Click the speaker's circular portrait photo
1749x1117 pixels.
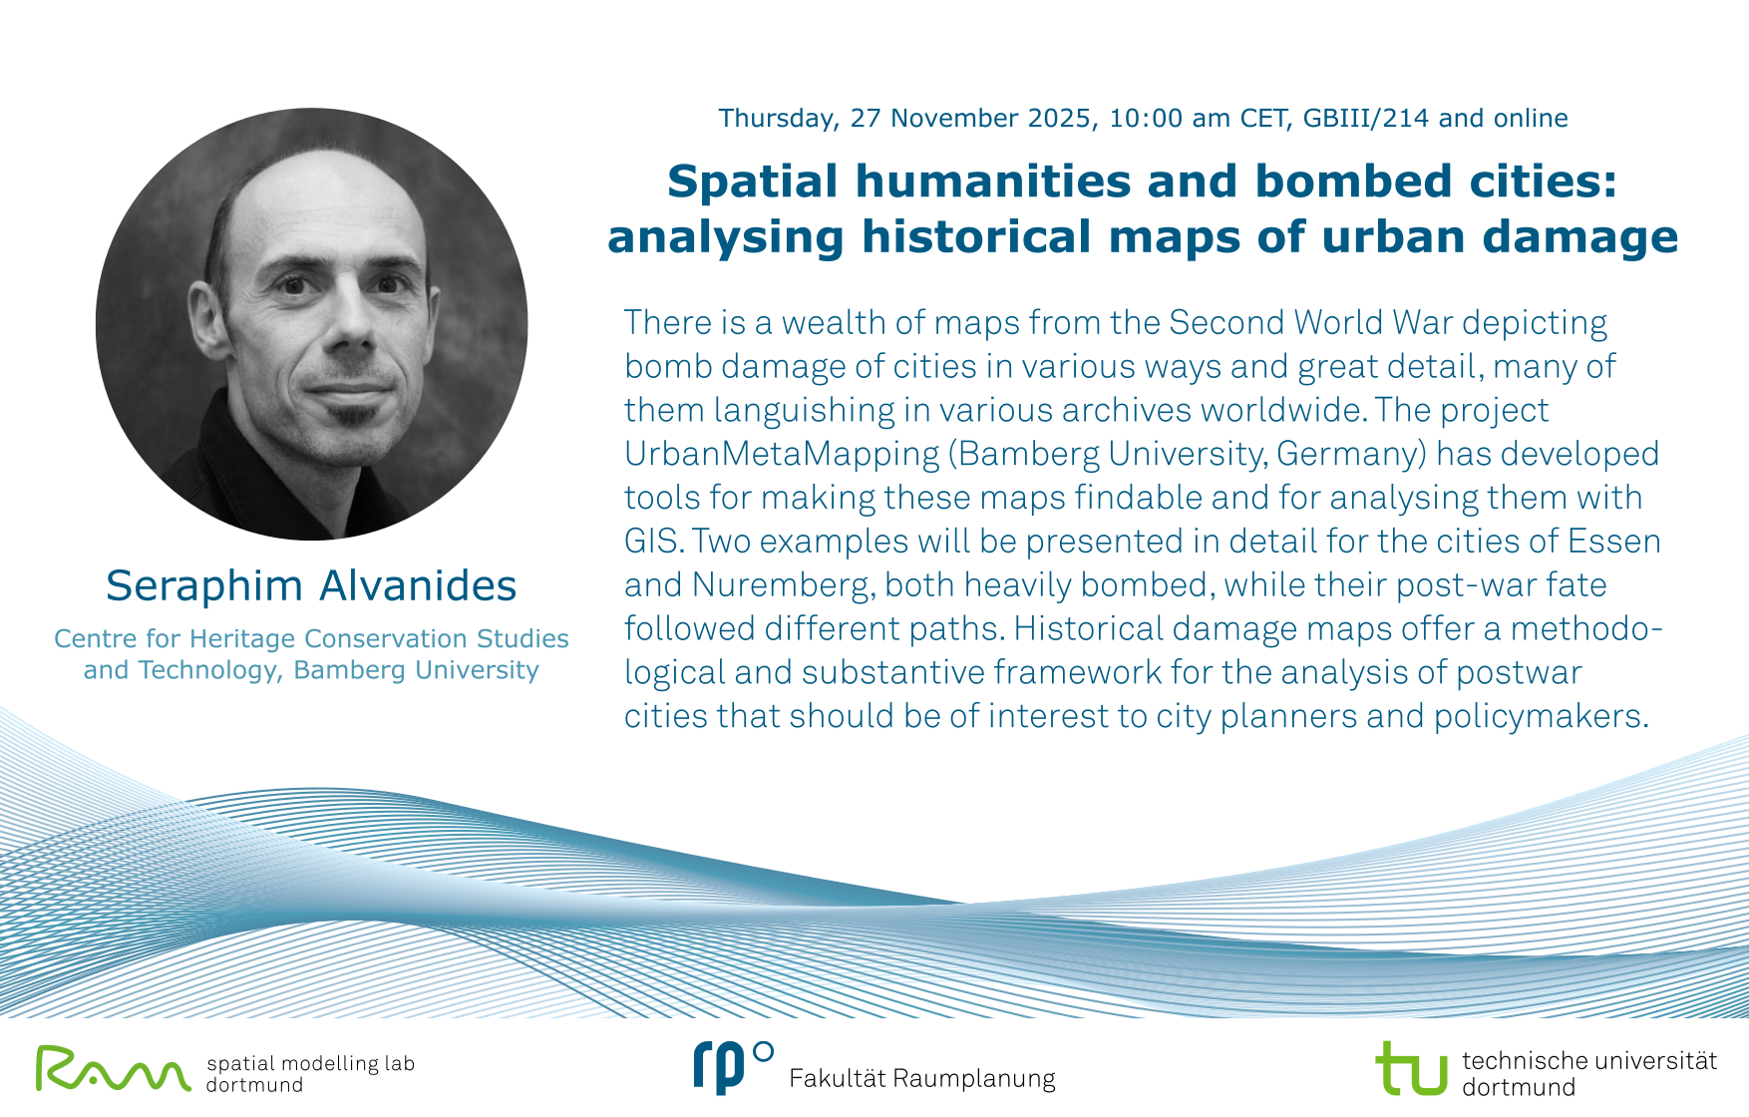pyautogui.click(x=311, y=324)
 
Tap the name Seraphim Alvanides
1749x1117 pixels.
pyautogui.click(x=311, y=585)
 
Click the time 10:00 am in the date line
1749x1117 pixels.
pyautogui.click(x=1170, y=118)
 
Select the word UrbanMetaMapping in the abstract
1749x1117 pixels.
pyautogui.click(x=782, y=455)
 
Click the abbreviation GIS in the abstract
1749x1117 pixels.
pyautogui.click(x=653, y=541)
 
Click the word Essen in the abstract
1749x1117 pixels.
pyautogui.click(x=1614, y=541)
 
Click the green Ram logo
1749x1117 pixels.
pyautogui.click(x=114, y=1068)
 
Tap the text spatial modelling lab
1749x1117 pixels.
pyautogui.click(x=310, y=1064)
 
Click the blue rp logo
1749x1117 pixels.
pyautogui.click(x=733, y=1066)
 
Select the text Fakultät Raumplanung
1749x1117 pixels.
pyautogui.click(x=922, y=1078)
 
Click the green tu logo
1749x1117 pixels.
pyautogui.click(x=1411, y=1068)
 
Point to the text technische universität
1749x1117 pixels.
pyautogui.click(x=1589, y=1060)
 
